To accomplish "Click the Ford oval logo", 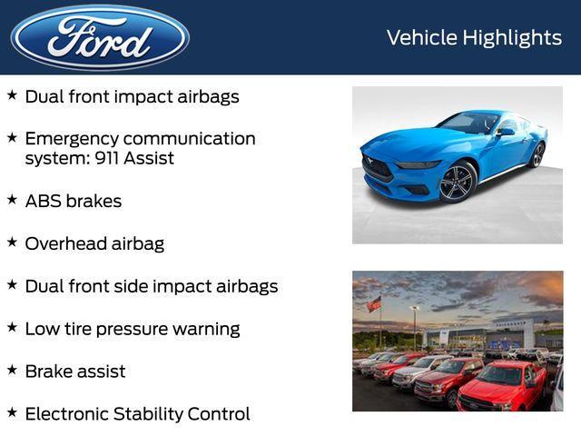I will (100, 37).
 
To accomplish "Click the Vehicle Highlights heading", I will (474, 37).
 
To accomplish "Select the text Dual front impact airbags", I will (132, 96).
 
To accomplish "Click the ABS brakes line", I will (73, 201).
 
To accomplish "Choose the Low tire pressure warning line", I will (132, 329).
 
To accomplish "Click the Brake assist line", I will (75, 372).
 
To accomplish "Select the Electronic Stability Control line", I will (137, 414).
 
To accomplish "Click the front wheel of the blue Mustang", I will (458, 181).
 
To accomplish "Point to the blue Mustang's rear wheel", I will (537, 154).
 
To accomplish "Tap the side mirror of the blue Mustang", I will (505, 132).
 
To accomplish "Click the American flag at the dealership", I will (374, 304).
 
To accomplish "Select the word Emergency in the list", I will (71, 139).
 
